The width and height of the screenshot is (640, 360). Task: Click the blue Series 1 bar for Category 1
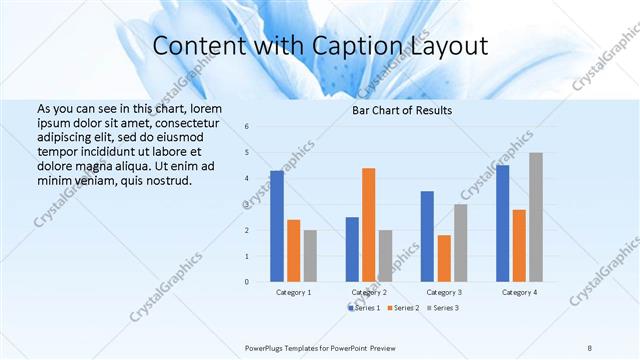click(277, 227)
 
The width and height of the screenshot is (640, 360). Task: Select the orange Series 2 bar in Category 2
click(368, 225)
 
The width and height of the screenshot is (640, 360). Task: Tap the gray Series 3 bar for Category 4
click(536, 217)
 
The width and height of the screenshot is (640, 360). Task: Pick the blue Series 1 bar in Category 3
click(427, 237)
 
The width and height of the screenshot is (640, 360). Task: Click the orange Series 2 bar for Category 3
click(443, 259)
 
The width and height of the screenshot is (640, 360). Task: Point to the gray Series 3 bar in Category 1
click(310, 256)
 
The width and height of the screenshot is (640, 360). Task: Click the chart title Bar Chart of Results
click(402, 110)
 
